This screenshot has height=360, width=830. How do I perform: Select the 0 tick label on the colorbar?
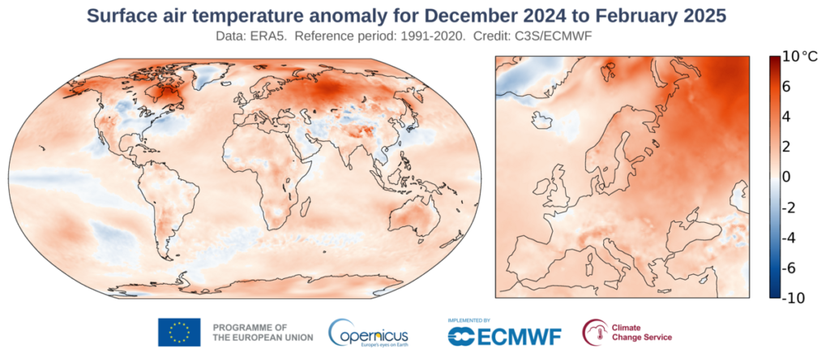click(786, 177)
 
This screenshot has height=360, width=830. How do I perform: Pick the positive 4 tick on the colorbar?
click(786, 116)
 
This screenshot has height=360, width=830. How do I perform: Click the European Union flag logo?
click(179, 332)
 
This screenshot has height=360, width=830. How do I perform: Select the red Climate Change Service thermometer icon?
click(595, 332)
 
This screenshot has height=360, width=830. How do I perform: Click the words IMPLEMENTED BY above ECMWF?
click(469, 320)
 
